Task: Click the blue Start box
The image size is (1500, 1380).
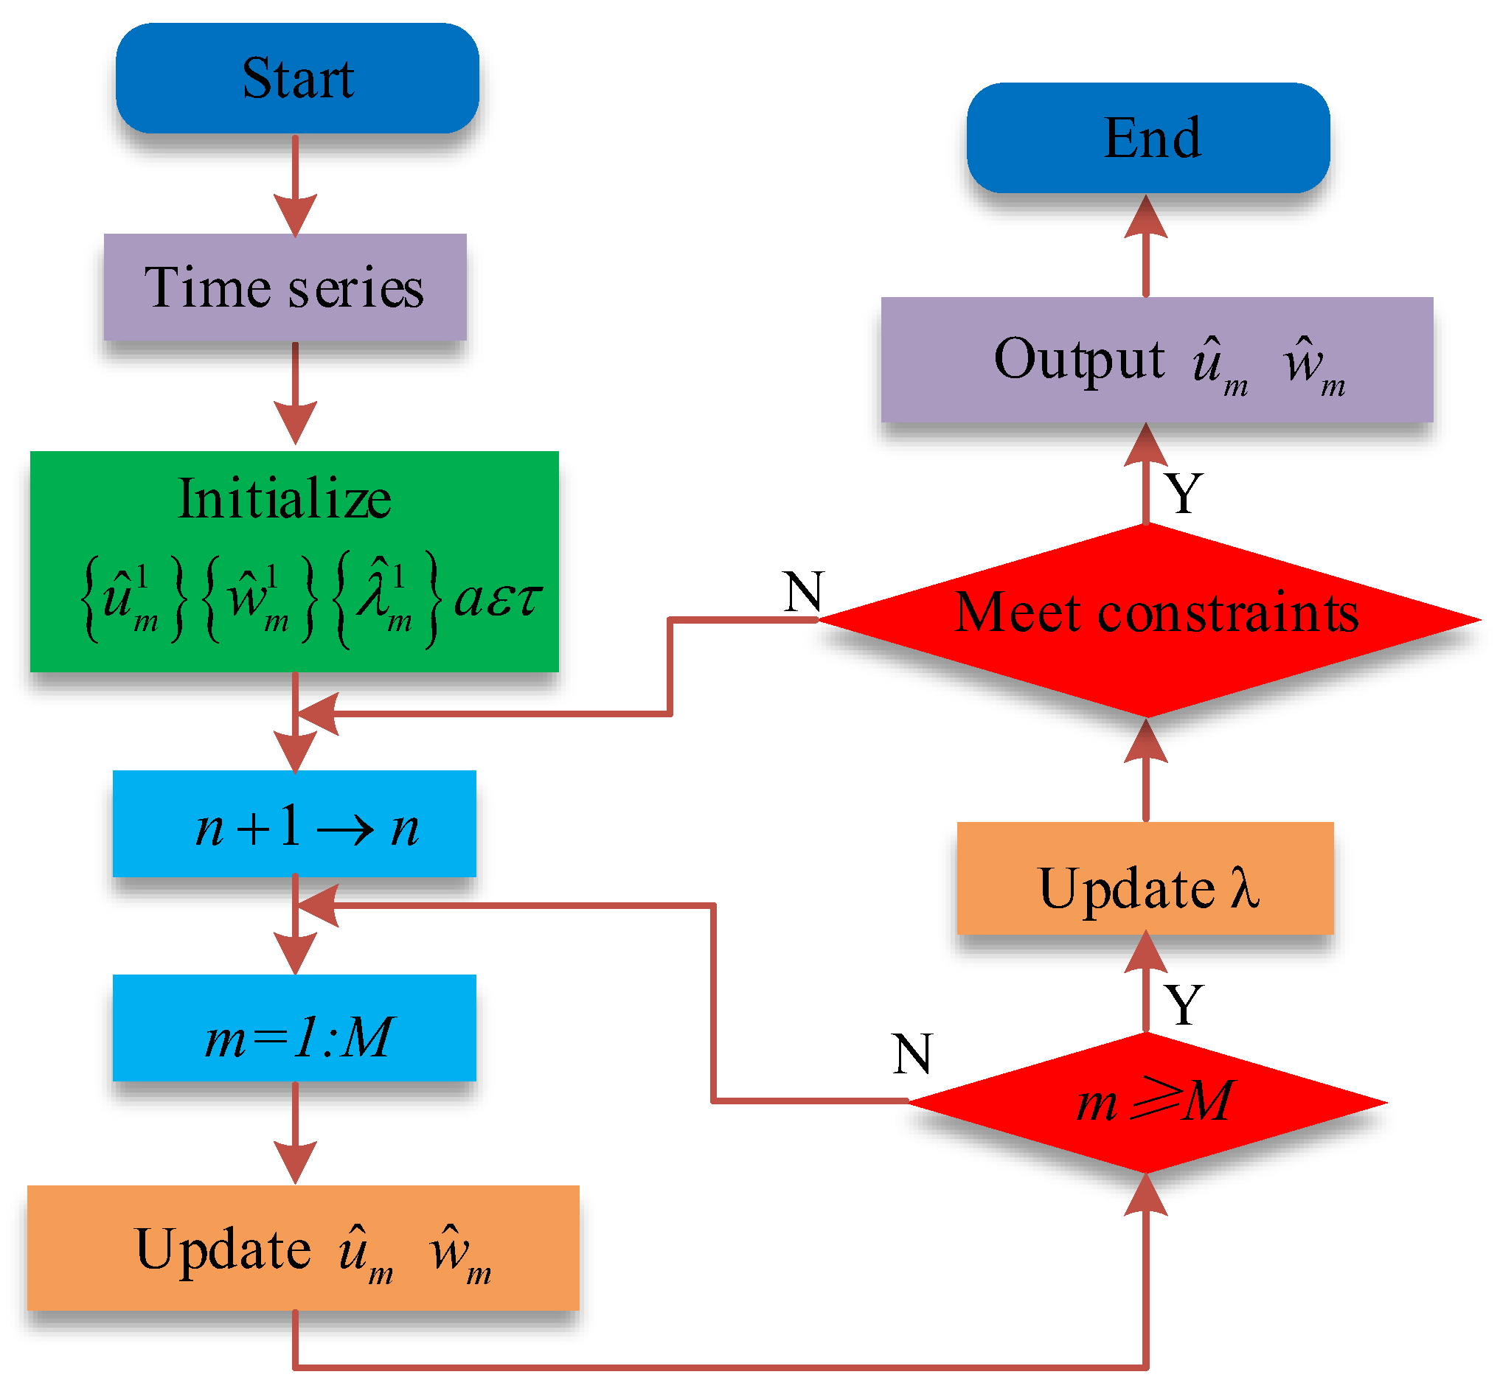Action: click(297, 78)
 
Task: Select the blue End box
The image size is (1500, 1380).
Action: click(1147, 138)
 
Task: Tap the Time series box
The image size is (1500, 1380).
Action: click(285, 287)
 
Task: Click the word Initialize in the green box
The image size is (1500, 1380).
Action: click(285, 499)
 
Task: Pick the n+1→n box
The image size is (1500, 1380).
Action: click(294, 823)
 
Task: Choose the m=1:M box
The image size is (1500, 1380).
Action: click(294, 1028)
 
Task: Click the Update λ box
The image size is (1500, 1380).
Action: click(1145, 879)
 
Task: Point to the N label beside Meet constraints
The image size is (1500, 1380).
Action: click(804, 592)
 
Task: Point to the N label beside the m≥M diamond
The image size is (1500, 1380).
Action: click(912, 1054)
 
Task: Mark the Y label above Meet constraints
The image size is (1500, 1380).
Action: click(1184, 494)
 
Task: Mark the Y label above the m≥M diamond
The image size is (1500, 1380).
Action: click(1184, 1005)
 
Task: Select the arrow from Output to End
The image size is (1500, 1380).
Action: click(1146, 246)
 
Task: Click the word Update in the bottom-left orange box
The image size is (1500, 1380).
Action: click(223, 1250)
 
